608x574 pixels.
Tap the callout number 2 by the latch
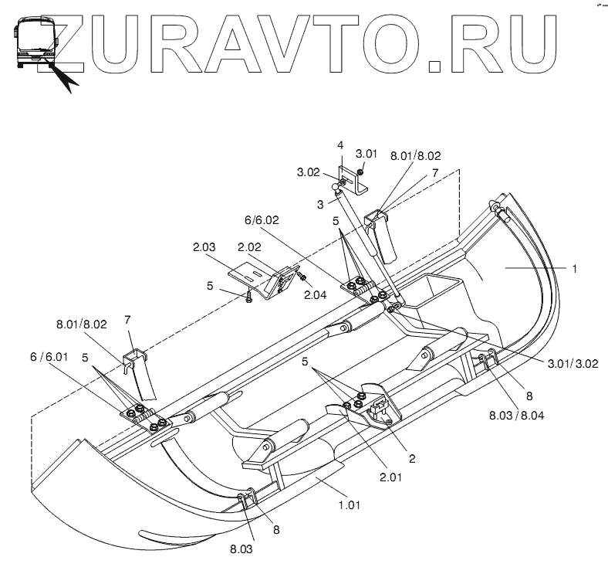coord(412,458)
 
